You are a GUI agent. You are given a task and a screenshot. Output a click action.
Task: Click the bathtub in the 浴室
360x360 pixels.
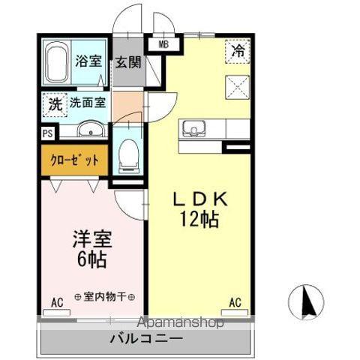(57, 63)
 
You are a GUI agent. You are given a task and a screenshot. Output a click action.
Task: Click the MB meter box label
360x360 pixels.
(163, 44)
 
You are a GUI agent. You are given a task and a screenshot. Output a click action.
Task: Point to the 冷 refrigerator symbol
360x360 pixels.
(238, 52)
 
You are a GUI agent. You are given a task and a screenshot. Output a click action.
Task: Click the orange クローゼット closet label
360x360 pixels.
(75, 160)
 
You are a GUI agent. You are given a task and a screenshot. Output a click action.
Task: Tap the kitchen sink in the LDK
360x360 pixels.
(194, 127)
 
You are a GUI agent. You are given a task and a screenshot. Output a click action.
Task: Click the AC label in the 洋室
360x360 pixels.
(57, 303)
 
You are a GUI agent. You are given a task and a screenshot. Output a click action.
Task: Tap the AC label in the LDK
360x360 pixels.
(235, 303)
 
